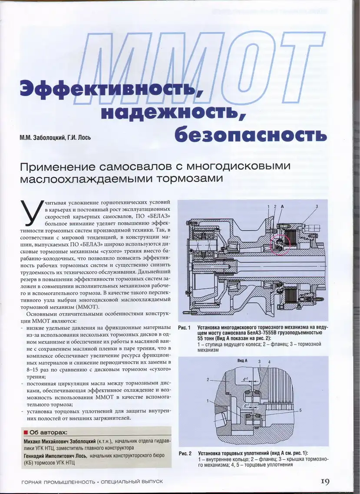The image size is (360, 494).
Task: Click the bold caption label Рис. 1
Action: pos(185,327)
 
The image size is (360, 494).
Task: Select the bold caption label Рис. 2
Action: pos(185,453)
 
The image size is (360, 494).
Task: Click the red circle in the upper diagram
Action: pos(280,242)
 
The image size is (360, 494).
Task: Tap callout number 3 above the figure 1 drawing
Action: pos(317,206)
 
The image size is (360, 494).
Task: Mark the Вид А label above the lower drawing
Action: pos(242,361)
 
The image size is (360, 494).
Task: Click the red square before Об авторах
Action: pos(26,433)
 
